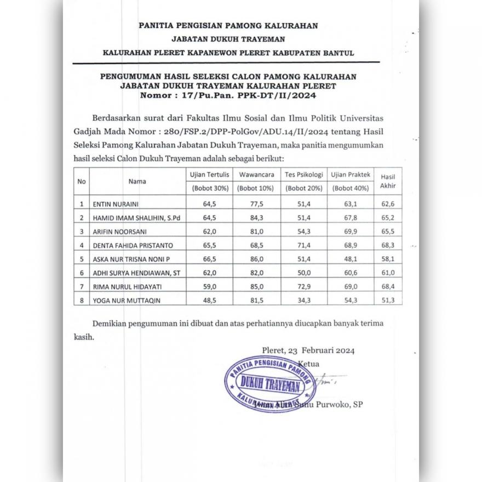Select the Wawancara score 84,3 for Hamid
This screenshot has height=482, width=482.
click(x=256, y=218)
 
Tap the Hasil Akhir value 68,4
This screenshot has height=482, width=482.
click(x=388, y=286)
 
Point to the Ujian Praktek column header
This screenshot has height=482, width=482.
click(x=351, y=175)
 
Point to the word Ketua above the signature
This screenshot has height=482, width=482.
click(x=309, y=363)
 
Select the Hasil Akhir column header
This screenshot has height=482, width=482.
click(x=388, y=181)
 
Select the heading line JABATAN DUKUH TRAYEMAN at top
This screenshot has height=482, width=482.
click(x=227, y=39)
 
